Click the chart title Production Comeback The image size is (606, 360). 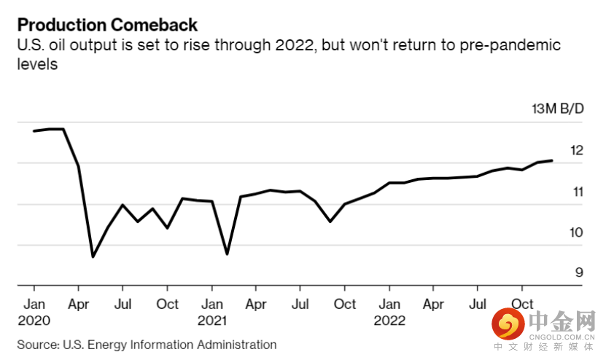pos(107,25)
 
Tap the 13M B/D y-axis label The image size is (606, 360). pos(558,109)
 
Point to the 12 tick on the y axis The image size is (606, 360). pos(577,150)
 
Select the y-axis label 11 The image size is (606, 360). pos(578,192)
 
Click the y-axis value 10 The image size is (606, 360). pos(576,232)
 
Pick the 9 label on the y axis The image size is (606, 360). pos(579,273)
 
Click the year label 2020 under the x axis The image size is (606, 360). pos(34,321)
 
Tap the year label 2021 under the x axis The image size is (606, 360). pos(211,321)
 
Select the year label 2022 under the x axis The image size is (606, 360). pos(389,321)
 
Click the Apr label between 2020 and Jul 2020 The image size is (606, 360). pos(79,305)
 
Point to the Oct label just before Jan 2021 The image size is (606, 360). pos(167,305)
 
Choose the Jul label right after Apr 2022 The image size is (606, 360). pos(478,305)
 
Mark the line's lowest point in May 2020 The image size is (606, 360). pos(93,257)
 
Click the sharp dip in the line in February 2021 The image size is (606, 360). pos(227,254)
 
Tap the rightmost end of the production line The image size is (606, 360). pos(552,160)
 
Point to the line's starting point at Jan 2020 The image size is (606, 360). pos(34,131)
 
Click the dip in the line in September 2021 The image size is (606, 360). pos(330,222)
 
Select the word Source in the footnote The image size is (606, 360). pos(37,345)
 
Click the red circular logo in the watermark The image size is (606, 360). pos(508,324)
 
